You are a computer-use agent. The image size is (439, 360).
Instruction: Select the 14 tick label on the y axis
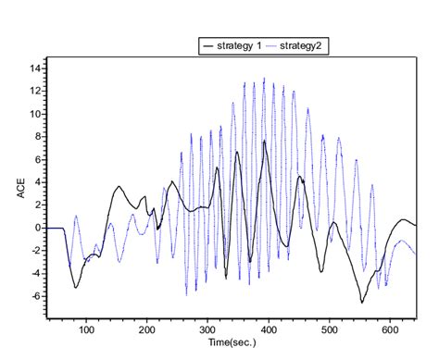pos(34,68)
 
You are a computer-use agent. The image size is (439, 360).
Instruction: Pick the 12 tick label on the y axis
pos(34,92)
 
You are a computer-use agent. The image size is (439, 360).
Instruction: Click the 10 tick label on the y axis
pos(34,114)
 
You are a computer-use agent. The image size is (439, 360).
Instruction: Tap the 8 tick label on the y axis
pos(37,137)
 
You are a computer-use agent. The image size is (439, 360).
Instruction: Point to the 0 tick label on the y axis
pos(37,228)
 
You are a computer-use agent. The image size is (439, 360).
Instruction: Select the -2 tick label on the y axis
pos(35,251)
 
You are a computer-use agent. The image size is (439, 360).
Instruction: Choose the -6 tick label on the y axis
pos(35,296)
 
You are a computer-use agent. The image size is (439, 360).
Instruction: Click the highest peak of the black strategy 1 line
pos(264,141)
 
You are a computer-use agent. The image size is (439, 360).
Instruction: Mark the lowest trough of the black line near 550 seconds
pos(362,302)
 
